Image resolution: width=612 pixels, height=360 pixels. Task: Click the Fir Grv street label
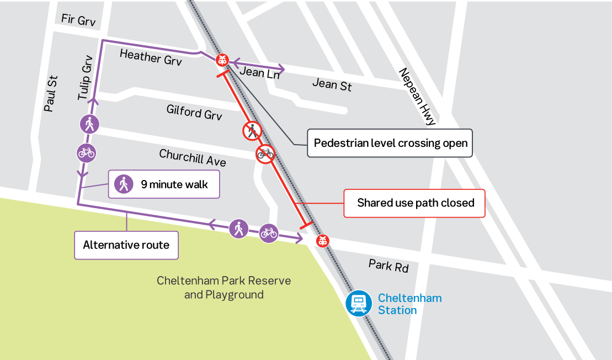78,21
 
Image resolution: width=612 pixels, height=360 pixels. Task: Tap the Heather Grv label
151,57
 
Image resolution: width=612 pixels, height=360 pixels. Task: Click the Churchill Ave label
193,157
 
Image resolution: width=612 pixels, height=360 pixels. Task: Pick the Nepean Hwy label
417,97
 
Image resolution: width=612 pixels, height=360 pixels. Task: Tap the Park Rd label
389,266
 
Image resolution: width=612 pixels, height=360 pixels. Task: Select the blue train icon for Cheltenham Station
359,303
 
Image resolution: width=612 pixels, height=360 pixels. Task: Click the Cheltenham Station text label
409,304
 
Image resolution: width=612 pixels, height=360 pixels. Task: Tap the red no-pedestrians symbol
252,131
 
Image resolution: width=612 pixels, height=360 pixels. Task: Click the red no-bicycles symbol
265,153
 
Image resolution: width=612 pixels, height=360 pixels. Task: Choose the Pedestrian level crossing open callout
390,144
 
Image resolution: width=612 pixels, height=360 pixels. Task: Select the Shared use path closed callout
415,203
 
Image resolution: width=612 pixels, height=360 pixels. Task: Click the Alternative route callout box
126,245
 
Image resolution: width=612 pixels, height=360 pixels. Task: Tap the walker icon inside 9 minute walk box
124,184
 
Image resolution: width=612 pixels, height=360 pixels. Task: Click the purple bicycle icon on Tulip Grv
86,152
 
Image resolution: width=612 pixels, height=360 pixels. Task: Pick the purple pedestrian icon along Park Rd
238,228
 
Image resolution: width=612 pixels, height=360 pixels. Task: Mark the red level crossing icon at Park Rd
323,241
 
